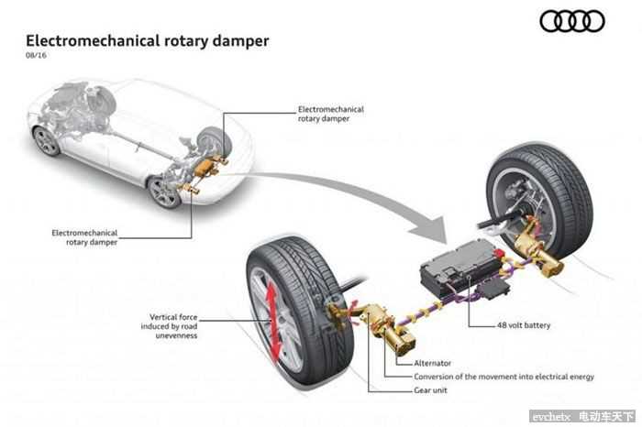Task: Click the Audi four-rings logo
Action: coord(571,21)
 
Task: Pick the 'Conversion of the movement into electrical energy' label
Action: coord(504,377)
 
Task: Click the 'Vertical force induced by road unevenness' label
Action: coord(174,326)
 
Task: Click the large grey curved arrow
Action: coord(358,192)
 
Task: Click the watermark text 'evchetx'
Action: coord(549,417)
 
